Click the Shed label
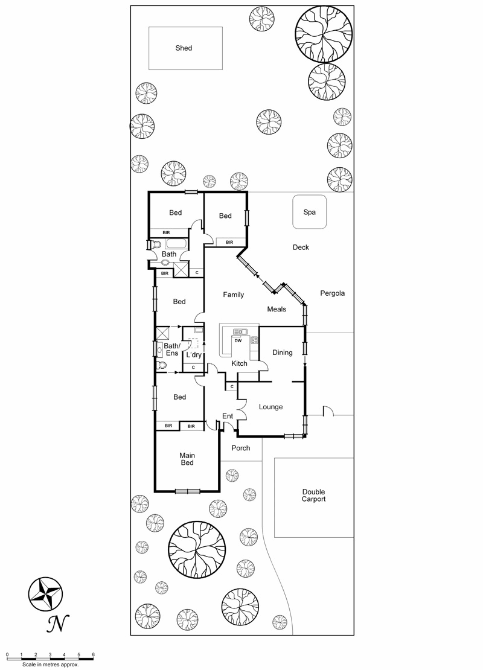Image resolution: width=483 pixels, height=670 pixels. pyautogui.click(x=184, y=48)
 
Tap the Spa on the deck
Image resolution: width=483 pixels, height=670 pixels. pyautogui.click(x=310, y=212)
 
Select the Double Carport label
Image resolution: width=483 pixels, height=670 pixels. pyautogui.click(x=314, y=495)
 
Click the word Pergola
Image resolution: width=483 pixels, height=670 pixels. pyautogui.click(x=332, y=293)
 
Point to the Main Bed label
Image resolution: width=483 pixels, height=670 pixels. pyautogui.click(x=187, y=459)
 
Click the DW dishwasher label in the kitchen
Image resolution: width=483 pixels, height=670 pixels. pyautogui.click(x=238, y=340)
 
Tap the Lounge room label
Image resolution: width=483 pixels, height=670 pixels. pyautogui.click(x=270, y=407)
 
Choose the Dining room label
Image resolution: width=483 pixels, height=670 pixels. pyautogui.click(x=282, y=353)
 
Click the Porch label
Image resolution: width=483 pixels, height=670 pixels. pyautogui.click(x=241, y=448)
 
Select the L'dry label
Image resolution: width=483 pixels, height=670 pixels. pyautogui.click(x=194, y=355)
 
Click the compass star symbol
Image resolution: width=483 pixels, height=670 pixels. pyautogui.click(x=45, y=594)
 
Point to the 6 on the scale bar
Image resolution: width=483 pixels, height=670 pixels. pyautogui.click(x=93, y=655)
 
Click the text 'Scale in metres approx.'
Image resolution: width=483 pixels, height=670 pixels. pyautogui.click(x=51, y=665)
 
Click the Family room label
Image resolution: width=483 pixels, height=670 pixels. pyautogui.click(x=234, y=295)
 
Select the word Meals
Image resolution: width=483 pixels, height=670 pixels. pyautogui.click(x=277, y=309)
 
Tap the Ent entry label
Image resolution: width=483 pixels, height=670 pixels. pyautogui.click(x=228, y=416)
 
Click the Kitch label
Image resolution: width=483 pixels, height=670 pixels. pyautogui.click(x=239, y=363)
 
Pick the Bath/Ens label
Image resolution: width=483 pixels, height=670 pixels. pyautogui.click(x=172, y=349)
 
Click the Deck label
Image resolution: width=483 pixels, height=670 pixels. pyautogui.click(x=301, y=247)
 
